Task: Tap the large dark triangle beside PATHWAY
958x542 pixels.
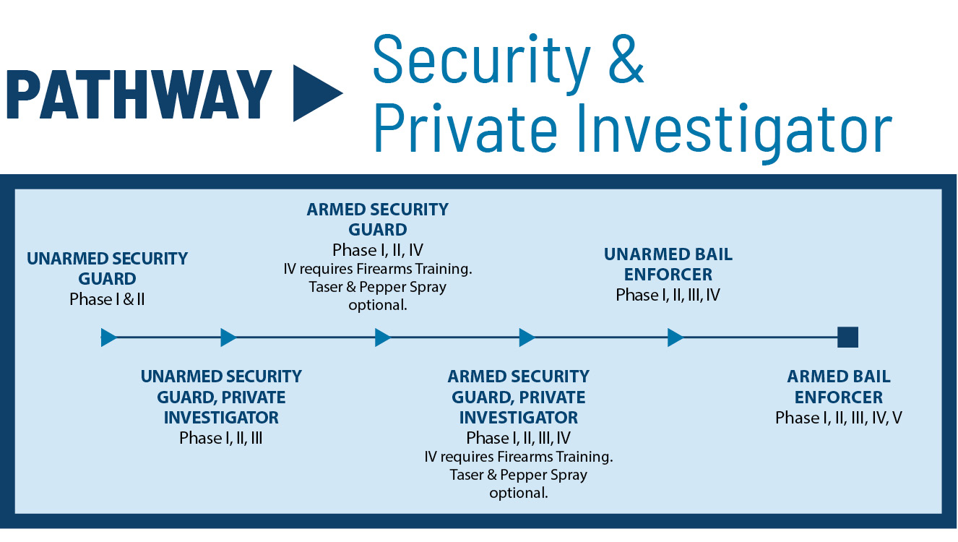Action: [314, 93]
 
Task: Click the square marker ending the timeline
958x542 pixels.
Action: [847, 337]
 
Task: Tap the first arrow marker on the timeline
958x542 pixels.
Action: [108, 337]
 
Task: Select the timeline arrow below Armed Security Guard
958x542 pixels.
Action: [382, 337]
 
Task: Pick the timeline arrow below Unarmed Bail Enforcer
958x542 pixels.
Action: [676, 337]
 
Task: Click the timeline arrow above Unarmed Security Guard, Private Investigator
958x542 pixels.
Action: [228, 337]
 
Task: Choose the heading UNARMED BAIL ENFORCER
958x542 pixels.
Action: [668, 264]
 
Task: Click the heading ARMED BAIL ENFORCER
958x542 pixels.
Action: [838, 387]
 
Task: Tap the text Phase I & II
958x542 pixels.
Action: [107, 299]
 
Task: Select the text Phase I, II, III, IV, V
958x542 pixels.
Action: [838, 418]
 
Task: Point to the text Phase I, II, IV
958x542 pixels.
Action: [377, 251]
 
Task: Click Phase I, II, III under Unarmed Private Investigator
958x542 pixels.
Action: [220, 438]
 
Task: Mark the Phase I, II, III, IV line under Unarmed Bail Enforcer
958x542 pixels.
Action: [668, 296]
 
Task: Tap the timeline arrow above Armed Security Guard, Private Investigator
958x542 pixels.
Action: [527, 337]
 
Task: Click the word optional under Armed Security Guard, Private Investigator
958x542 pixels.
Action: [518, 494]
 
